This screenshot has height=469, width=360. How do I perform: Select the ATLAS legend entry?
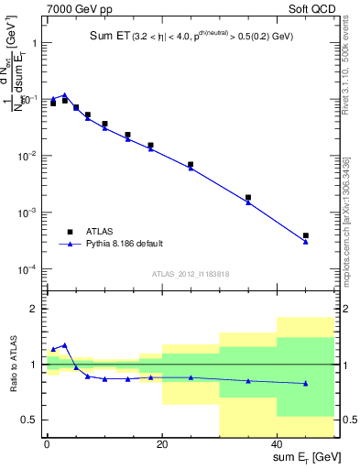(91, 232)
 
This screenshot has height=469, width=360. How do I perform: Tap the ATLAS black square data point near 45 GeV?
(306, 235)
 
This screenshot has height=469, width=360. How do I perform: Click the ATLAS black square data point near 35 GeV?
(248, 197)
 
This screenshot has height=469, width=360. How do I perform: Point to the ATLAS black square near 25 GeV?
(191, 164)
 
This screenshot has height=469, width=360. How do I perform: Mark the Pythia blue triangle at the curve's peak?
(64, 94)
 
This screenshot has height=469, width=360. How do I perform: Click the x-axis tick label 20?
(162, 444)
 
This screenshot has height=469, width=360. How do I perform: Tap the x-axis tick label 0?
(47, 444)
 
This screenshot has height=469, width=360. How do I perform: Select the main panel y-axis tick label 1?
(32, 43)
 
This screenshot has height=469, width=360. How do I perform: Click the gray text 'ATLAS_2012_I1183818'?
(191, 273)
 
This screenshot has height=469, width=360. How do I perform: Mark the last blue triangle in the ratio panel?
(306, 383)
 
